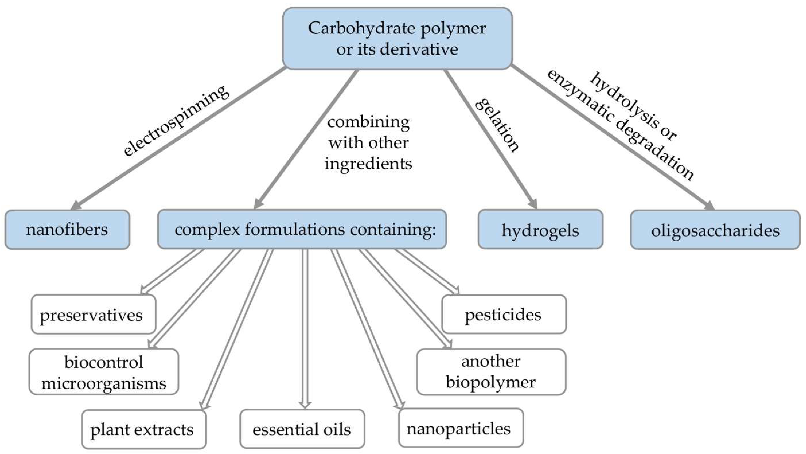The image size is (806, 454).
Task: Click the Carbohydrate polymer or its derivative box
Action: tap(397, 38)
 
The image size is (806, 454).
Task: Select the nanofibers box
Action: tap(67, 229)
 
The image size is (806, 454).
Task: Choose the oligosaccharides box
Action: tap(715, 230)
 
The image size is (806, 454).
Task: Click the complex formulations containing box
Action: tap(302, 229)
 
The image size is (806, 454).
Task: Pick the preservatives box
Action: tap(93, 314)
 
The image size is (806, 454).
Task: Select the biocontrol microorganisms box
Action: tap(104, 372)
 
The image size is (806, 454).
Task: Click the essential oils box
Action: tap(302, 429)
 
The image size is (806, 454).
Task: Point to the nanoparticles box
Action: tap(461, 428)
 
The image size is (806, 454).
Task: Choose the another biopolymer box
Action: tap(491, 372)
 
